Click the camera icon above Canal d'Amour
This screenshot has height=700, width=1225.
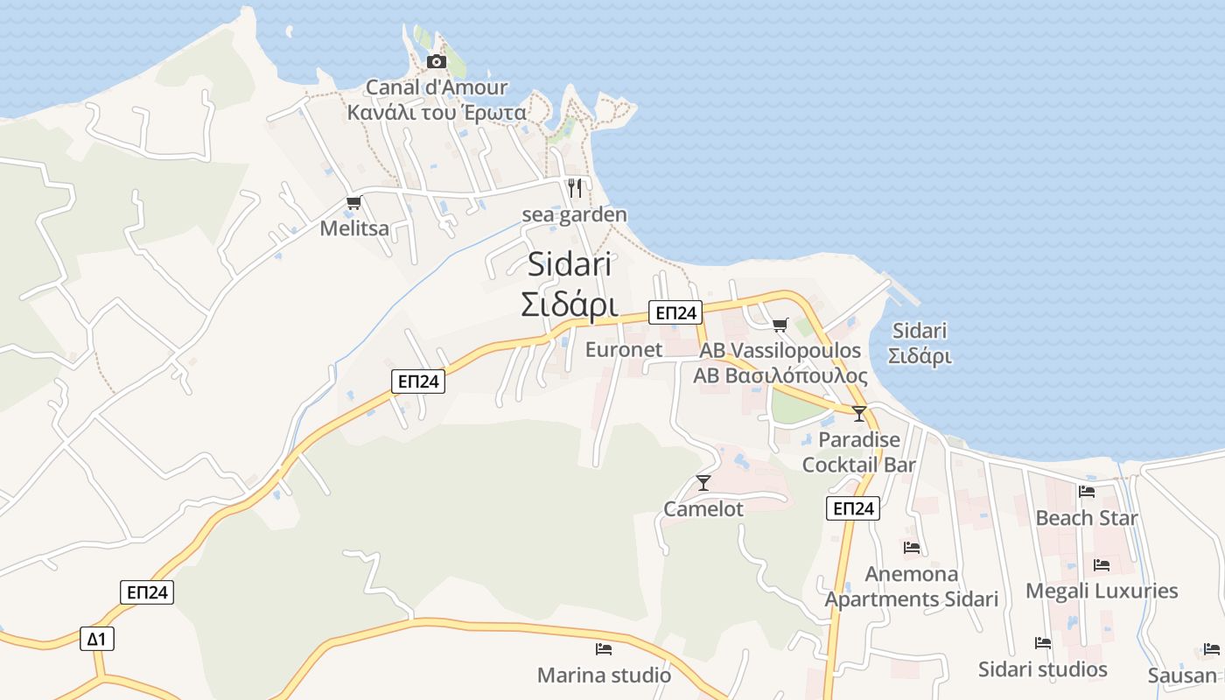coord(436,61)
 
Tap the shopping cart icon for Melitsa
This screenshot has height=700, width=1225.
coord(353,203)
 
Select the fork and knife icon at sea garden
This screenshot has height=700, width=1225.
coord(574,187)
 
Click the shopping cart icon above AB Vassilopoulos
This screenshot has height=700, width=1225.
coord(780,325)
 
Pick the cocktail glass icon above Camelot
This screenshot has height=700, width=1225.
coord(703,482)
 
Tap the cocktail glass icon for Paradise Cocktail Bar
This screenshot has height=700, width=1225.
coord(858,414)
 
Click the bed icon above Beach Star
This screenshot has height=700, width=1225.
coord(1087,492)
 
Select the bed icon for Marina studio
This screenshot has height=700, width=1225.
coord(603,649)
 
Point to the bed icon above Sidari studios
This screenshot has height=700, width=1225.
coord(1042,643)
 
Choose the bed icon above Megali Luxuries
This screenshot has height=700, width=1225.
coord(1101,565)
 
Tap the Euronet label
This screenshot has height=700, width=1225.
coord(624,350)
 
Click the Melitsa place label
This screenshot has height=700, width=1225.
coord(354,229)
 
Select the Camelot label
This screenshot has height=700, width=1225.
coord(703,509)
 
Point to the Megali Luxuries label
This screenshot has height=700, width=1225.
coord(1102,591)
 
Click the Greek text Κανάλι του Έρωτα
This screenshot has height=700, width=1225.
coord(437,113)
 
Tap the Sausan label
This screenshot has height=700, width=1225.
coord(1182,675)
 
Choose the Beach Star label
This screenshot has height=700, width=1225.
coord(1087,518)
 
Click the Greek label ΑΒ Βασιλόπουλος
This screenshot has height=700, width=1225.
coord(780,376)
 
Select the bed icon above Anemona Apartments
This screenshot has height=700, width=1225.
coord(911,548)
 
